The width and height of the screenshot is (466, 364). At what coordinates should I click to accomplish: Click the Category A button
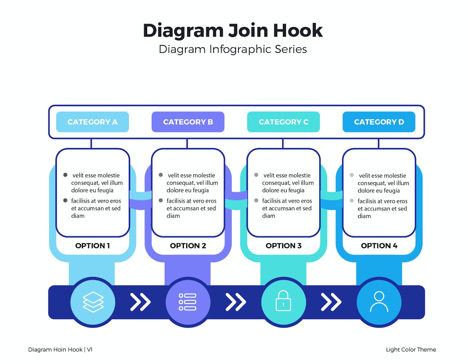click(92, 122)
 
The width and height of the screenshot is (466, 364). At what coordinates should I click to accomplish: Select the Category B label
click(188, 122)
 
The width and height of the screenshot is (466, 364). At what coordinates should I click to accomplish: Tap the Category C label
click(283, 122)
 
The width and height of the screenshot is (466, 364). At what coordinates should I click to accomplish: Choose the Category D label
click(379, 122)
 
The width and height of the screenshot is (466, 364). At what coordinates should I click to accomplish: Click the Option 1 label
click(93, 246)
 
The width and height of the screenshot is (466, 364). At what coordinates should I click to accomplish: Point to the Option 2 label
click(188, 246)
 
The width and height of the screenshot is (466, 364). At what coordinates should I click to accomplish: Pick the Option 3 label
click(284, 246)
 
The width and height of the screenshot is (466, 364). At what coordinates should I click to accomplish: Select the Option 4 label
click(379, 246)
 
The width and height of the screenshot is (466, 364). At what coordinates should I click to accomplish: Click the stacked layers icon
click(93, 302)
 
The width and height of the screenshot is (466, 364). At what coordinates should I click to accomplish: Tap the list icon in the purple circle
click(188, 302)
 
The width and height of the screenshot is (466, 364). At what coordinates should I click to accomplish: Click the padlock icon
click(283, 301)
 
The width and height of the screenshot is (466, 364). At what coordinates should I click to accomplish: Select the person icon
click(379, 302)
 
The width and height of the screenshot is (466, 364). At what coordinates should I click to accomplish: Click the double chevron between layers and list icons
click(140, 302)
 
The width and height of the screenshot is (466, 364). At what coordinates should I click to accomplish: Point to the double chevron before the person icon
click(331, 302)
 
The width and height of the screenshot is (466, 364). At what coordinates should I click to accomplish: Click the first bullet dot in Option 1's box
click(65, 175)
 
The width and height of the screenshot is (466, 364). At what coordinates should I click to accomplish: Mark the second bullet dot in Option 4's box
click(352, 201)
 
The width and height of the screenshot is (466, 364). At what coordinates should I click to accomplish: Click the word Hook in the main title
click(298, 31)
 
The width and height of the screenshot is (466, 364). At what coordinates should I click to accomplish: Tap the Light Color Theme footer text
click(411, 350)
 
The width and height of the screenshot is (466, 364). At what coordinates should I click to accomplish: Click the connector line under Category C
click(283, 143)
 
